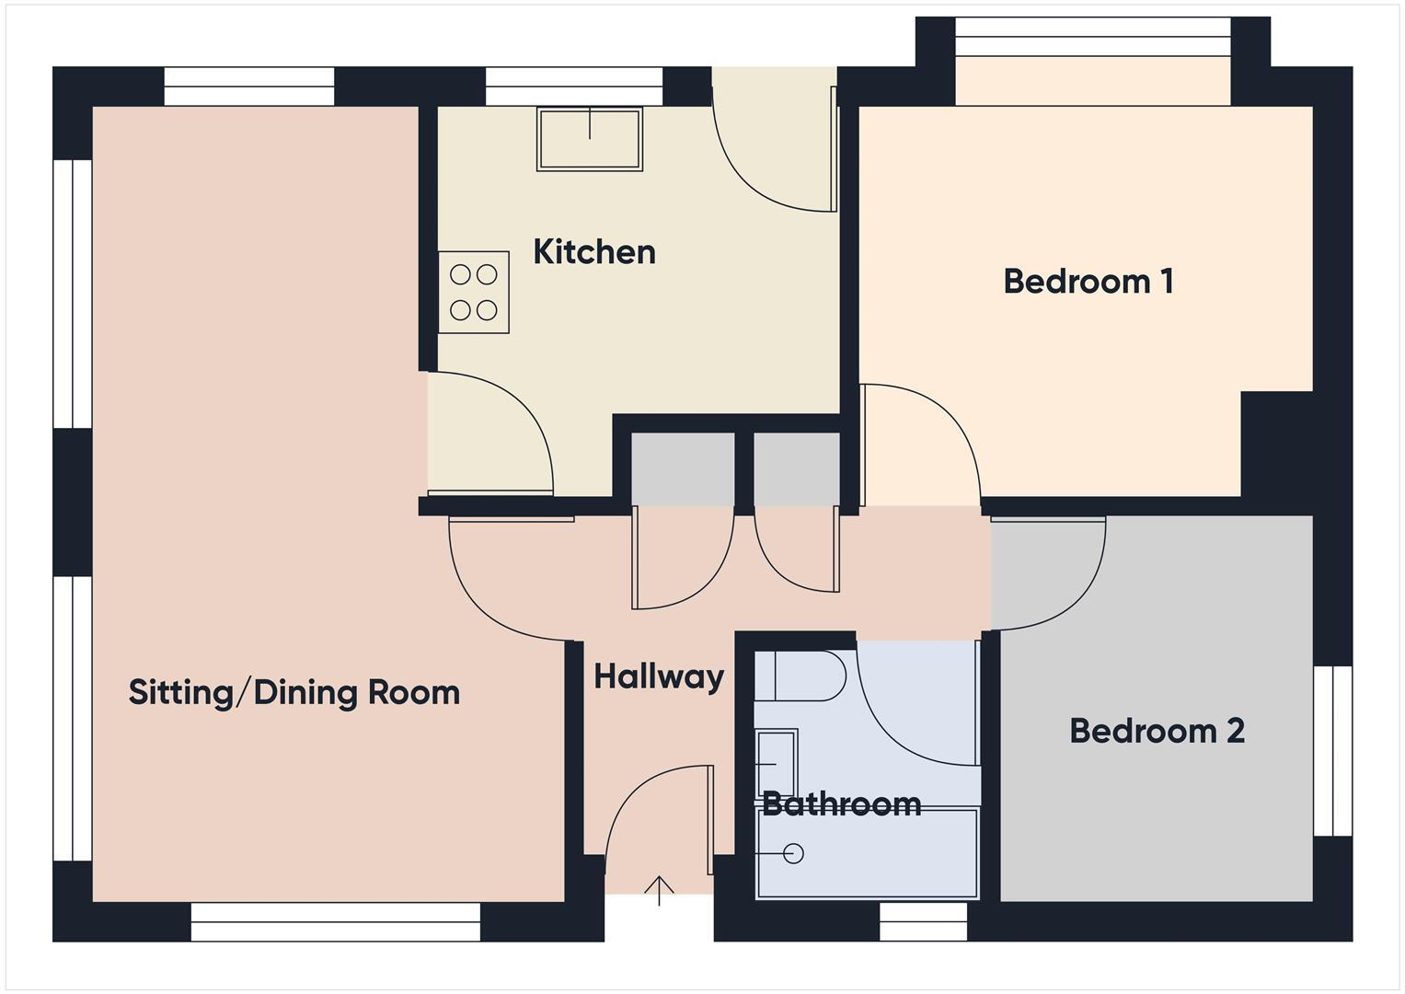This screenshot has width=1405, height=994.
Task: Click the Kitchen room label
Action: (594, 252)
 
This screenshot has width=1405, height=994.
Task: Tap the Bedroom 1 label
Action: (1088, 282)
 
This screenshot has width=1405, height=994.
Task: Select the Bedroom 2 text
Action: (1157, 731)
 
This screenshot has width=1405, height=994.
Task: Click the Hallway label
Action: (659, 676)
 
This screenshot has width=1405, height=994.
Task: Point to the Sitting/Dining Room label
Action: (294, 692)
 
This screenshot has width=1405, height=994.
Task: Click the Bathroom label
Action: (841, 804)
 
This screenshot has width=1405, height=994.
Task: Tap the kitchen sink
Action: (590, 139)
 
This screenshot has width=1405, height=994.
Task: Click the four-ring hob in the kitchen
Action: (474, 292)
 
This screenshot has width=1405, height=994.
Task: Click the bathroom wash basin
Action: (776, 763)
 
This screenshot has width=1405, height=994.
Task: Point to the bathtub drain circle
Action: (793, 854)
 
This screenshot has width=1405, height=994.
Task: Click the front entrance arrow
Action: (659, 890)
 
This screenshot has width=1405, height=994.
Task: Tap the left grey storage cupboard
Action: (683, 468)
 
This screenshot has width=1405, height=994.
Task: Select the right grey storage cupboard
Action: (797, 468)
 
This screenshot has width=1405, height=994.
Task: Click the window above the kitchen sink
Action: (573, 87)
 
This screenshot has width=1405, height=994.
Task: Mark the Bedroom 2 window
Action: (1331, 751)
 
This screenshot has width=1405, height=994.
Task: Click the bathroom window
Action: (924, 920)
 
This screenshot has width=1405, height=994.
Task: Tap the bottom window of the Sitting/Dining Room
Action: (336, 921)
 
